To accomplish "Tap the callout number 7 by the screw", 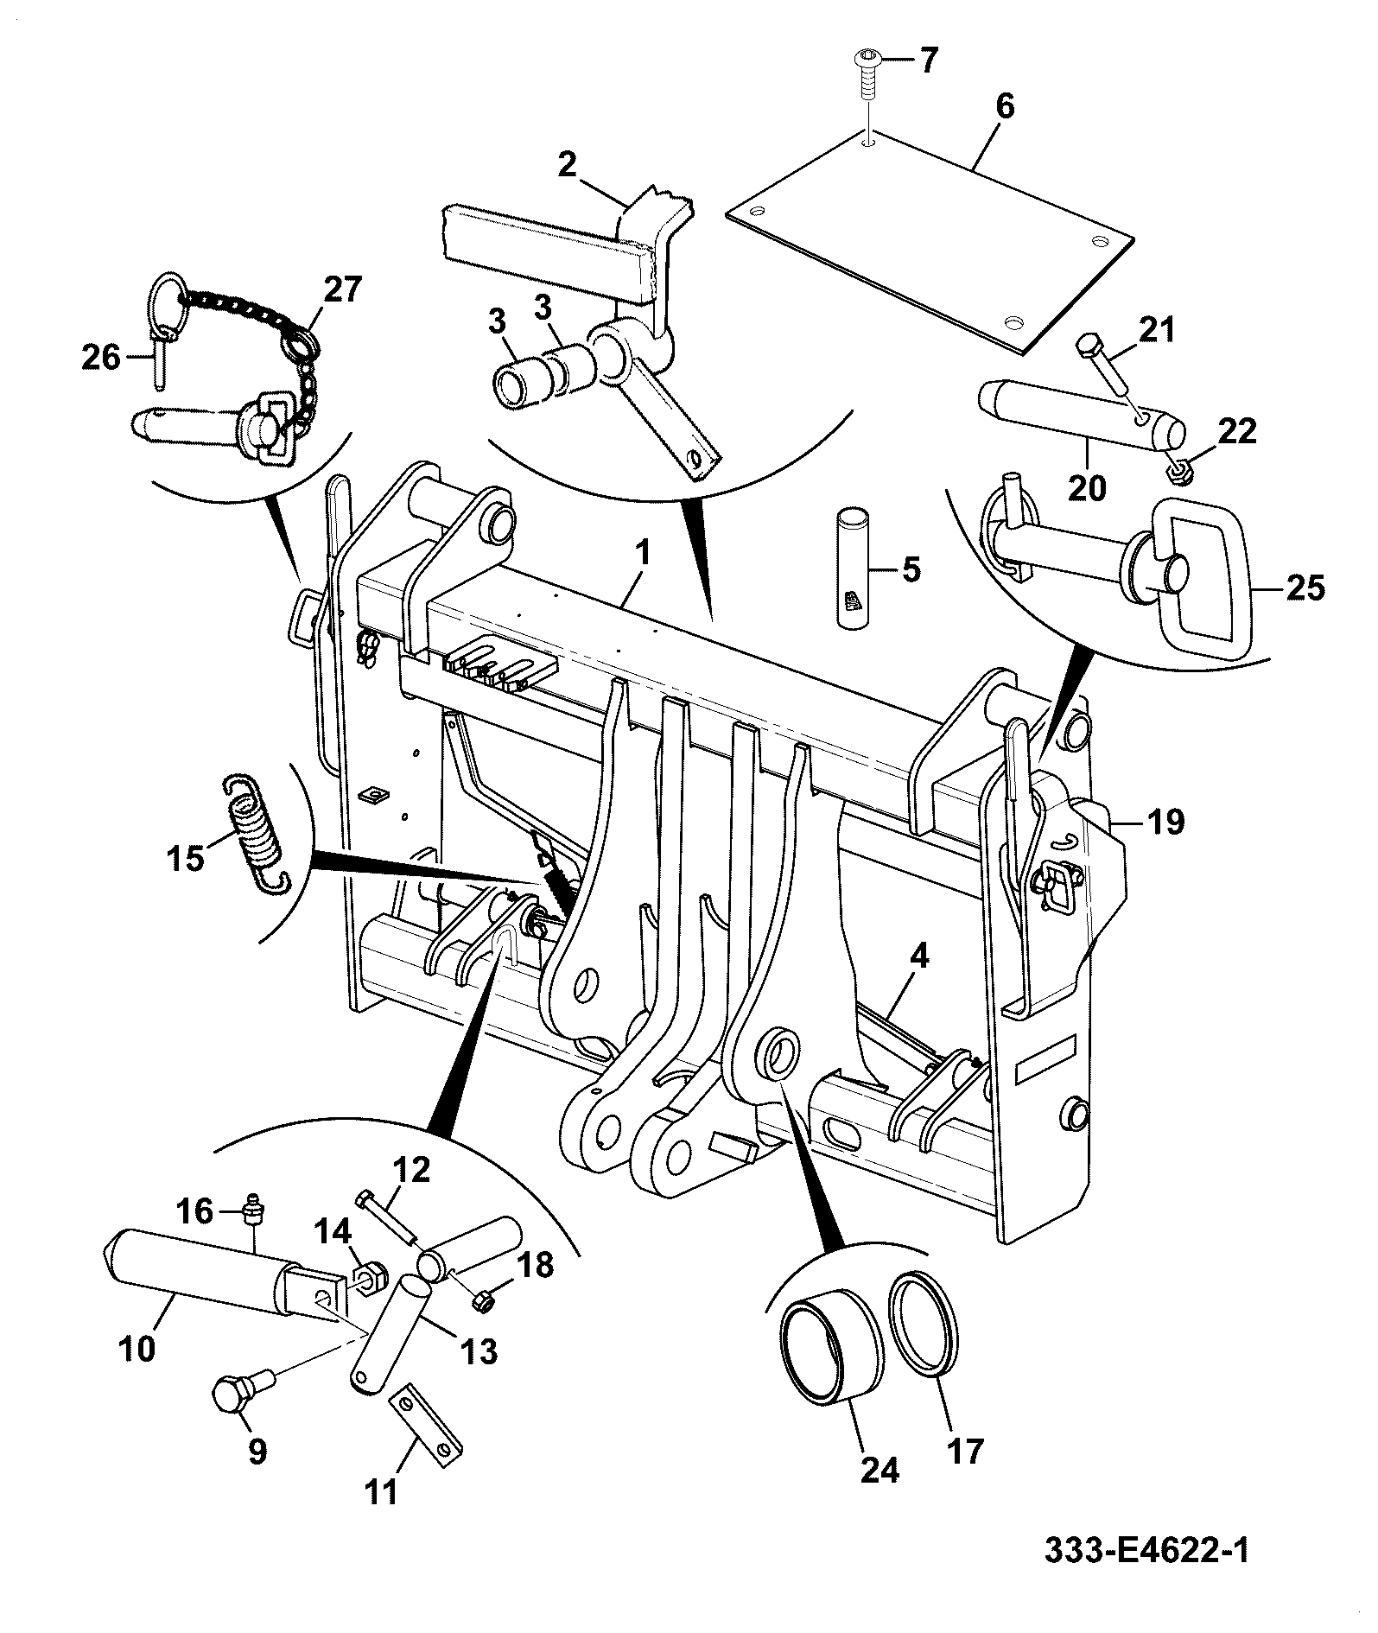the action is coord(925,61).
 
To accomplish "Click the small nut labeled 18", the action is coord(485,1299).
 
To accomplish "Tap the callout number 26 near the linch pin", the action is coord(101,356).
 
